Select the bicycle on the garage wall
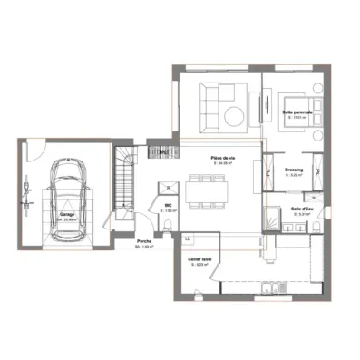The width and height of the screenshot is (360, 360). (30, 194)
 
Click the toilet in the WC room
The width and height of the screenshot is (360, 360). (170, 186)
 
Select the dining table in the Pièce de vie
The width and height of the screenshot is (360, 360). (209, 190)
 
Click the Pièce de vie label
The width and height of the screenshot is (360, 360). (222, 158)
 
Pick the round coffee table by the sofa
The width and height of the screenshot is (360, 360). (233, 114)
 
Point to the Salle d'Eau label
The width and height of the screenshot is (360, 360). (301, 209)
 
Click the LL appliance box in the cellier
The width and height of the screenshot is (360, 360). (187, 238)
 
